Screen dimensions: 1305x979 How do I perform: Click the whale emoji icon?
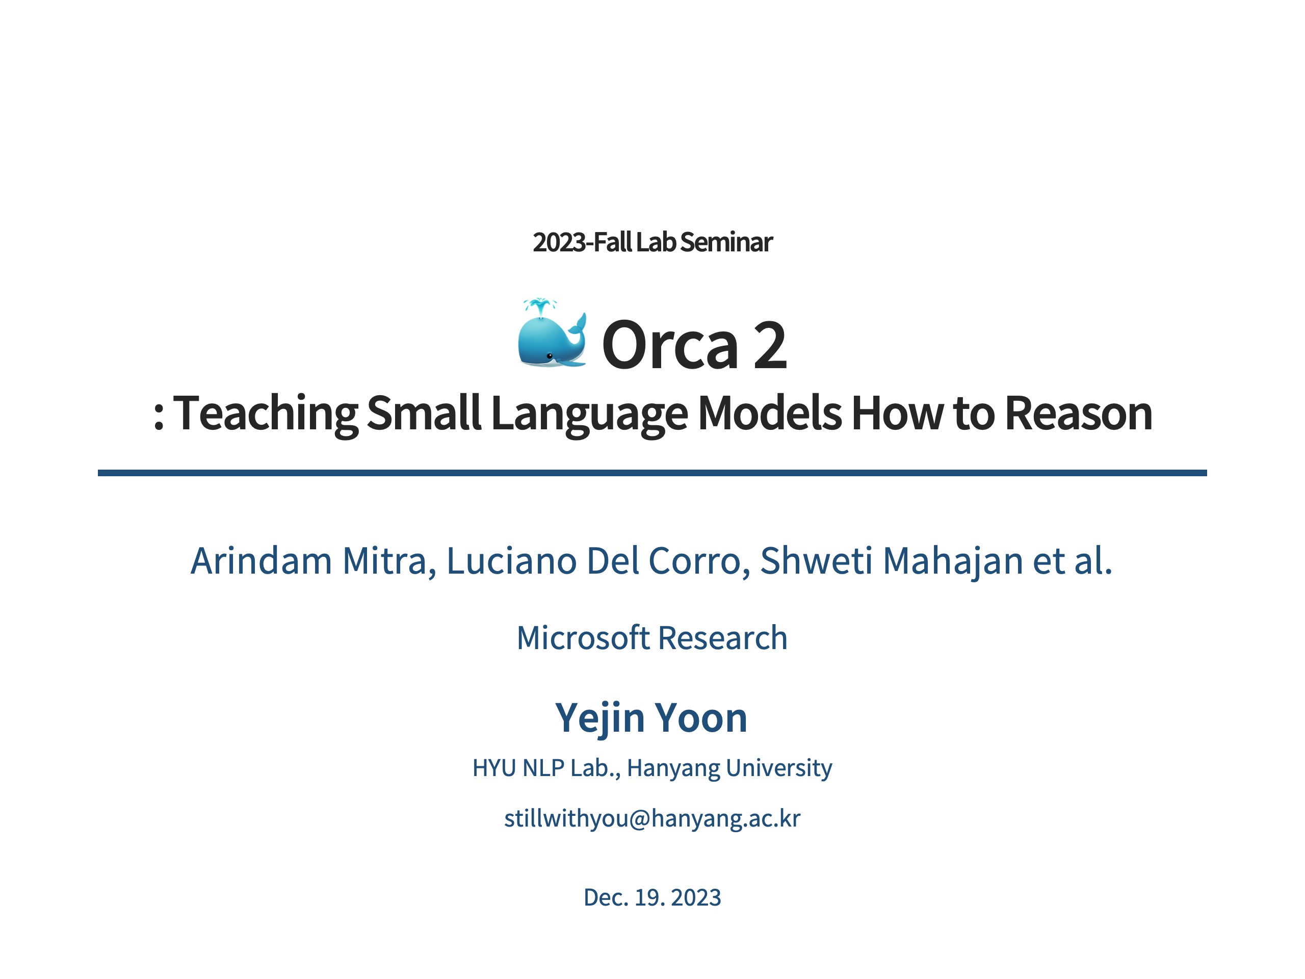(552, 333)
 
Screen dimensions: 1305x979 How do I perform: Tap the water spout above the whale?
(540, 307)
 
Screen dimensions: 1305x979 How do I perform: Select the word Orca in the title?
(670, 345)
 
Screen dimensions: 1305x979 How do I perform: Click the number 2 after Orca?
(770, 345)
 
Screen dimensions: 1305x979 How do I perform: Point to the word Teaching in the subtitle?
(266, 414)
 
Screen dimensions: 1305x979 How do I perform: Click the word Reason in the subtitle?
(1079, 413)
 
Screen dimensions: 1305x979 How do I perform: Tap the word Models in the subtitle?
(769, 413)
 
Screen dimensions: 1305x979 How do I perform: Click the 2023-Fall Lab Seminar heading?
(652, 242)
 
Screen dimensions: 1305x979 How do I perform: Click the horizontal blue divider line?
(652, 473)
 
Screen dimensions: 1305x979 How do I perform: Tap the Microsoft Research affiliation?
(652, 637)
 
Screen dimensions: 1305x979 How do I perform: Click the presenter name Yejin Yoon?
(651, 718)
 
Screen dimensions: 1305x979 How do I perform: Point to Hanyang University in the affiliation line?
(730, 768)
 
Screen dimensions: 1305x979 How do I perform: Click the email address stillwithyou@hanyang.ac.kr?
(652, 818)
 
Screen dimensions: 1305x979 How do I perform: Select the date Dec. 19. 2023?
(652, 897)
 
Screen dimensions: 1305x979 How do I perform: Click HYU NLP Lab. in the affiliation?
(544, 768)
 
